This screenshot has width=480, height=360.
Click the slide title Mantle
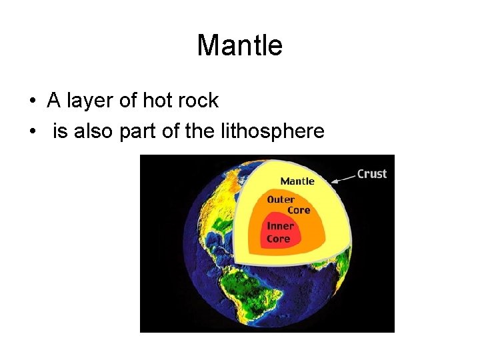pyautogui.click(x=240, y=45)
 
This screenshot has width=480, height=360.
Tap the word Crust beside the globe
pyautogui.click(x=372, y=173)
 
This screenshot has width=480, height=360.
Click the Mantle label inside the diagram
pyautogui.click(x=297, y=181)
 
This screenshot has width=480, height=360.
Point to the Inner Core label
pyautogui.click(x=279, y=233)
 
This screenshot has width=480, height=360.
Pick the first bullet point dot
pyautogui.click(x=32, y=101)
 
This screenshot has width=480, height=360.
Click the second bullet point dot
pyautogui.click(x=32, y=132)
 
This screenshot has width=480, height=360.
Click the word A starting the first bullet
pyautogui.click(x=53, y=101)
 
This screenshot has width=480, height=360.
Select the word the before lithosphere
pyautogui.click(x=200, y=131)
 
